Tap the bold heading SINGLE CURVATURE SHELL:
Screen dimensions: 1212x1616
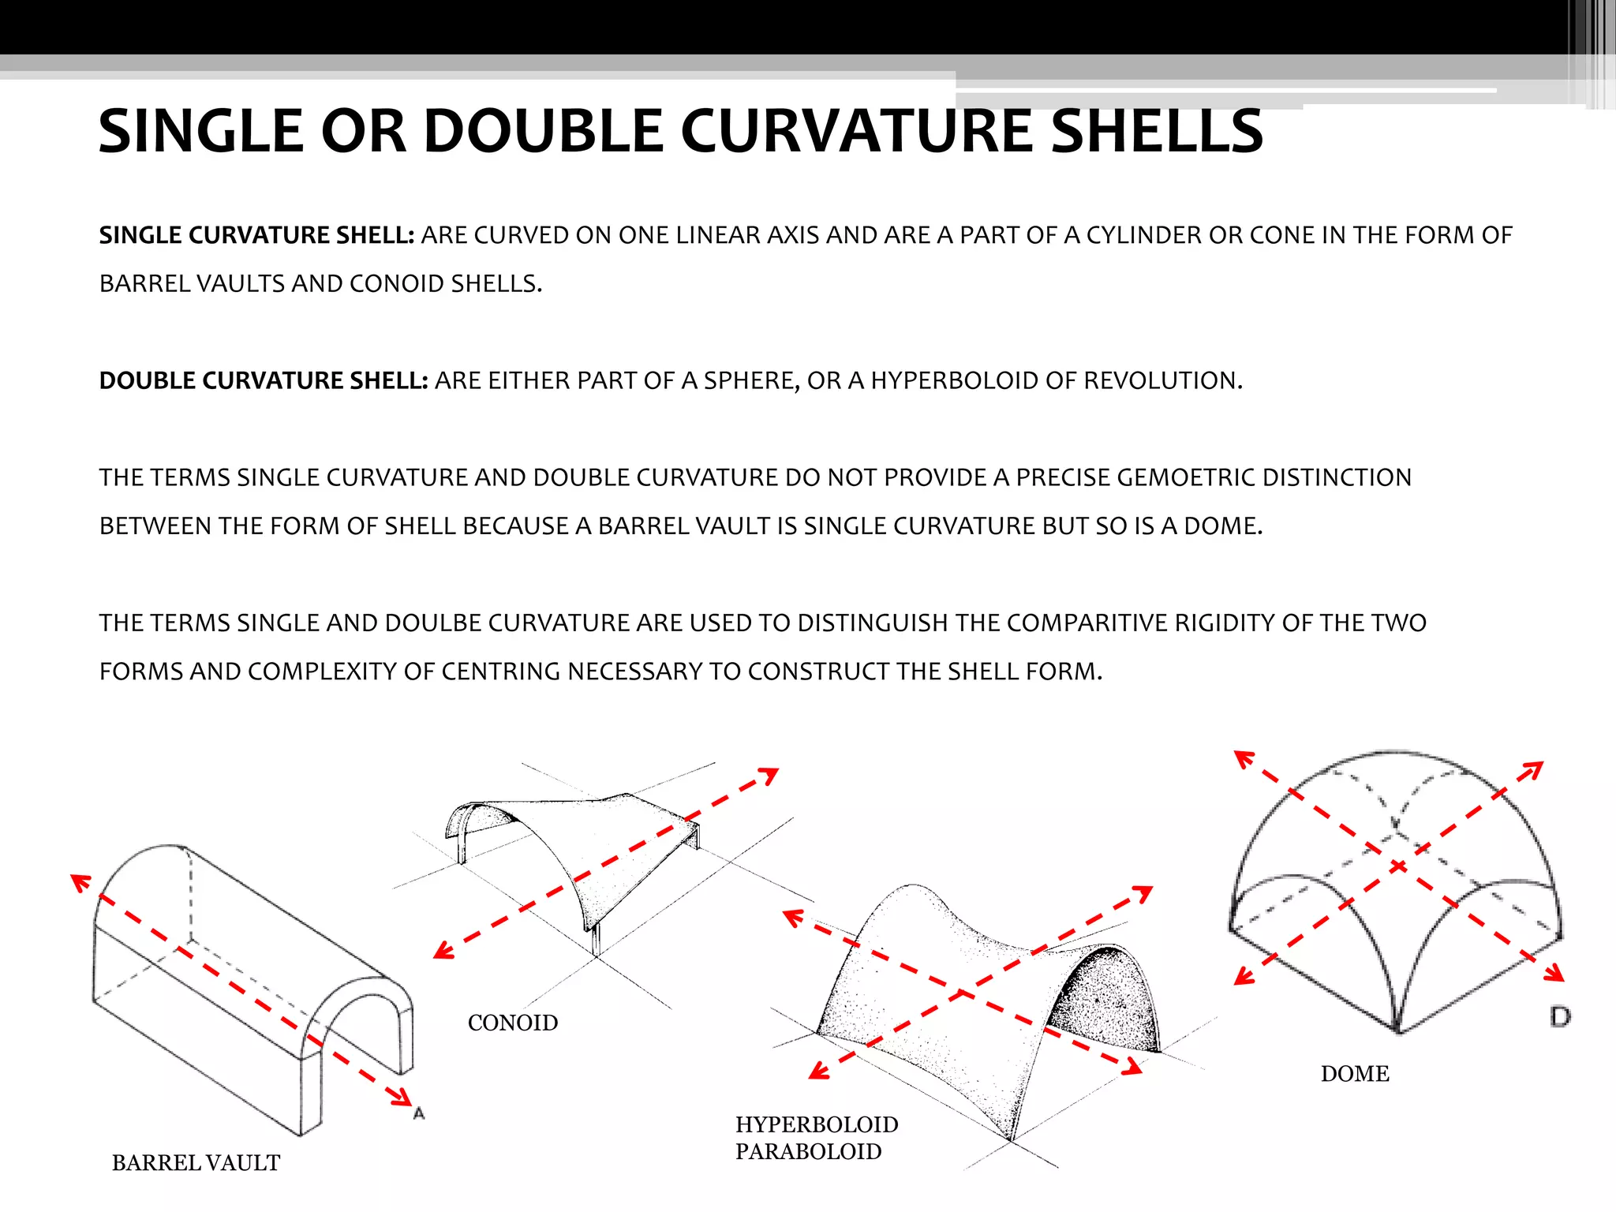tap(256, 235)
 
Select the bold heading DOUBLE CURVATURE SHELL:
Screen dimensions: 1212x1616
tap(263, 380)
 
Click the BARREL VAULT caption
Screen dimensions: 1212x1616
tap(196, 1163)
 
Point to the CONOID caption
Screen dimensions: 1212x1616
tap(513, 1023)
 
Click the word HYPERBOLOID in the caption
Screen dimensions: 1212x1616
tap(817, 1124)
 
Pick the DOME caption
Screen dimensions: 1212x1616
tap(1355, 1074)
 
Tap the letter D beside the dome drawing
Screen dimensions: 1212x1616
tap(1559, 1016)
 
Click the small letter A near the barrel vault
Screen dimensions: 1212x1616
tap(419, 1113)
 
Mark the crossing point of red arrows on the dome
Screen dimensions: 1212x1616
tap(1398, 866)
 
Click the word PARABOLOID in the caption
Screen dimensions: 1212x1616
tap(808, 1152)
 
